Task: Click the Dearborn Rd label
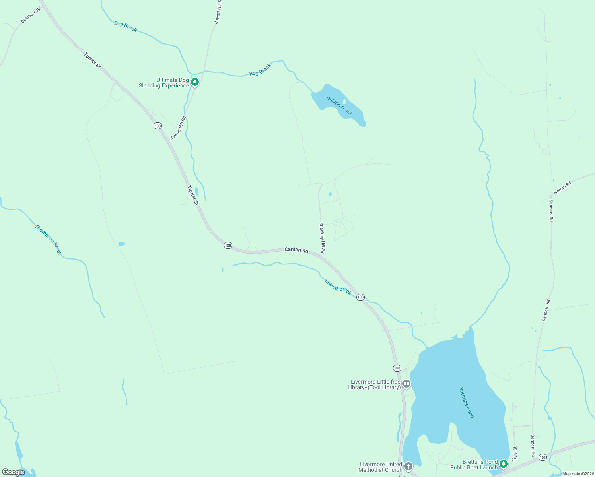(x=31, y=15)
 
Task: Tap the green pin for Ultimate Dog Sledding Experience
(x=194, y=82)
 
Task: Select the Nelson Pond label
(x=339, y=106)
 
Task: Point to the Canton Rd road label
(x=296, y=250)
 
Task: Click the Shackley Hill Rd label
(x=322, y=238)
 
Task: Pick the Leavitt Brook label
(x=338, y=287)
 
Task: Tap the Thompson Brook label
(x=49, y=240)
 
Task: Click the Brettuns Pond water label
(x=467, y=402)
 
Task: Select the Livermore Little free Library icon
(x=406, y=384)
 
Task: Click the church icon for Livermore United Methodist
(x=408, y=466)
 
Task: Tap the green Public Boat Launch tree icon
(x=504, y=464)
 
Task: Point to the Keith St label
(x=515, y=454)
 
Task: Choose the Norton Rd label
(x=562, y=188)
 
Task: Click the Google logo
(x=14, y=472)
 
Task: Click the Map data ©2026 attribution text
(x=578, y=474)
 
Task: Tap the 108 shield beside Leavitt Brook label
(x=360, y=297)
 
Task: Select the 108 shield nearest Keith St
(x=542, y=458)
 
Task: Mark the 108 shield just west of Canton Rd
(x=228, y=246)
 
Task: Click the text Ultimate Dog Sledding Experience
(x=163, y=83)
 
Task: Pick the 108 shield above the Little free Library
(x=397, y=368)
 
